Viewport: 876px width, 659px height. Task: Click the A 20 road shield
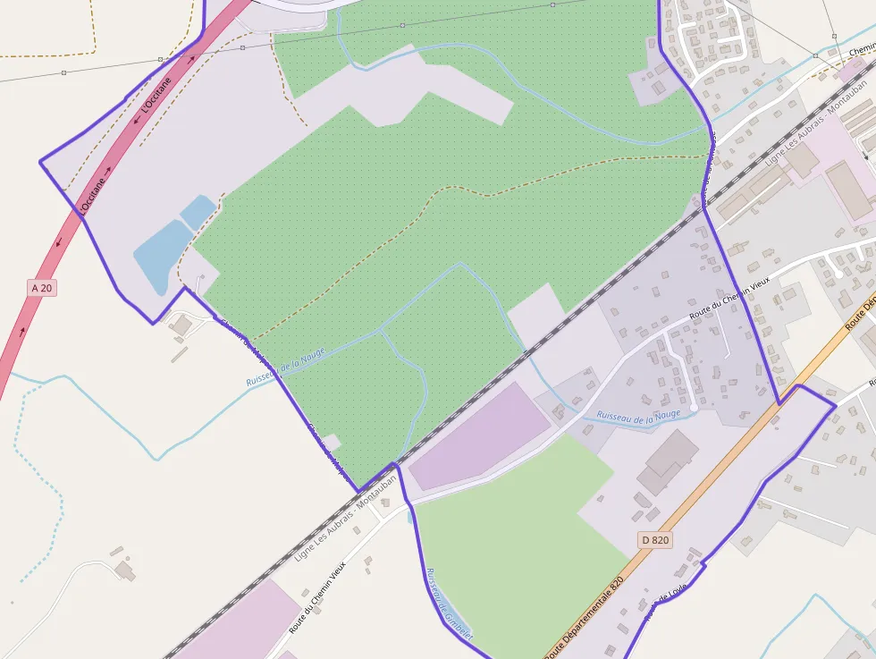pyautogui.click(x=41, y=288)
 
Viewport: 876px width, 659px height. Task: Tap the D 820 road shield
pyautogui.click(x=655, y=540)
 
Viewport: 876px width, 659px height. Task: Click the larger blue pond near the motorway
pyautogui.click(x=161, y=255)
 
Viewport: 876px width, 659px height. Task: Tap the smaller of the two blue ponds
pyautogui.click(x=198, y=211)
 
